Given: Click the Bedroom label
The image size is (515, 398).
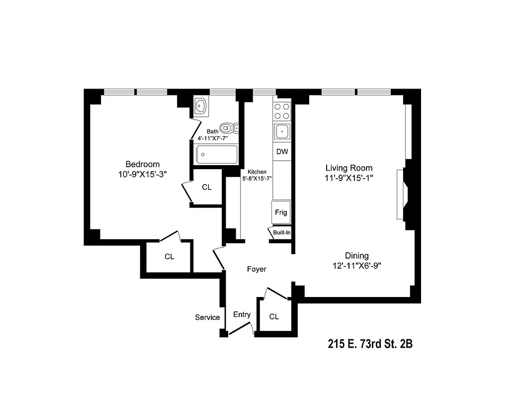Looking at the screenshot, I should [143, 164].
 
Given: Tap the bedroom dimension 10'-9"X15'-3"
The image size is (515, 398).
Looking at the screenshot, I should [143, 175].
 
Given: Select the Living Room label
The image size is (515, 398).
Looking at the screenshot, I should [349, 168].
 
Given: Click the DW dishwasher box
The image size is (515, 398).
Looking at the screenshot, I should [282, 151].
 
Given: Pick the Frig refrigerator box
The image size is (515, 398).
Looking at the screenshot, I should [281, 212].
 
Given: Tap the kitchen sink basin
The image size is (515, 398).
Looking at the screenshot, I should [282, 132].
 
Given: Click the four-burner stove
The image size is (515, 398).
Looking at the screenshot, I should [282, 111].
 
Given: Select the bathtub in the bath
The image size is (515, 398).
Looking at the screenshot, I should [217, 154].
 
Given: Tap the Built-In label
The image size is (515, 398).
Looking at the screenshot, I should [282, 233].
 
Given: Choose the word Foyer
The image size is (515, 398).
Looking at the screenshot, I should [257, 269].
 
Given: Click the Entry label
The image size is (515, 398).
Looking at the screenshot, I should [242, 314].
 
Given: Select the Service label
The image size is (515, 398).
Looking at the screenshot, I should [207, 317].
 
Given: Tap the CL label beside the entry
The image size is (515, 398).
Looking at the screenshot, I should [274, 316].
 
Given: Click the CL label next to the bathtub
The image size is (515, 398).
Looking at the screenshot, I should [207, 188].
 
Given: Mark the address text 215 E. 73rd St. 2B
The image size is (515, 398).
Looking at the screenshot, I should [370, 344].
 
